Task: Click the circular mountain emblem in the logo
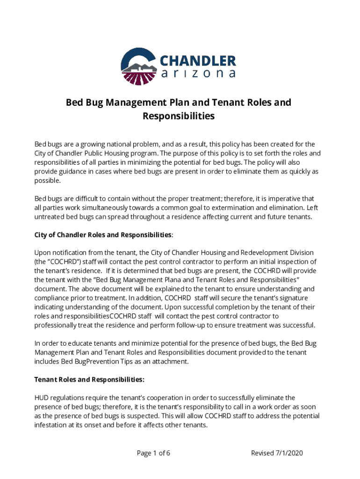coord(139,66)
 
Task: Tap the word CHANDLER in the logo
coord(198,61)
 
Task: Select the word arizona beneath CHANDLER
coord(198,74)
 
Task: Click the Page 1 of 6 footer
coord(153,453)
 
